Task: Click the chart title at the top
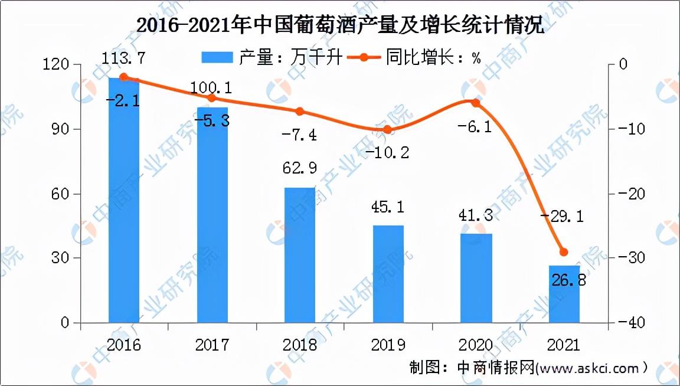339,27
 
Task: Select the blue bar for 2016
124,201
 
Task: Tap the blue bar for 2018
300,255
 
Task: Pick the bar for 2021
564,294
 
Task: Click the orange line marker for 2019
387,129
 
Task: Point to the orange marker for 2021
564,252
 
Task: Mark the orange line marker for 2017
212,98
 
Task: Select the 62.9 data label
300,168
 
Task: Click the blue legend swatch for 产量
217,58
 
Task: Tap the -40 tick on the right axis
627,323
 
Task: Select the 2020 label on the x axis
476,345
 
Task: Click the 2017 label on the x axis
212,345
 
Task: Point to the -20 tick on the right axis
627,194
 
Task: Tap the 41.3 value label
476,217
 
